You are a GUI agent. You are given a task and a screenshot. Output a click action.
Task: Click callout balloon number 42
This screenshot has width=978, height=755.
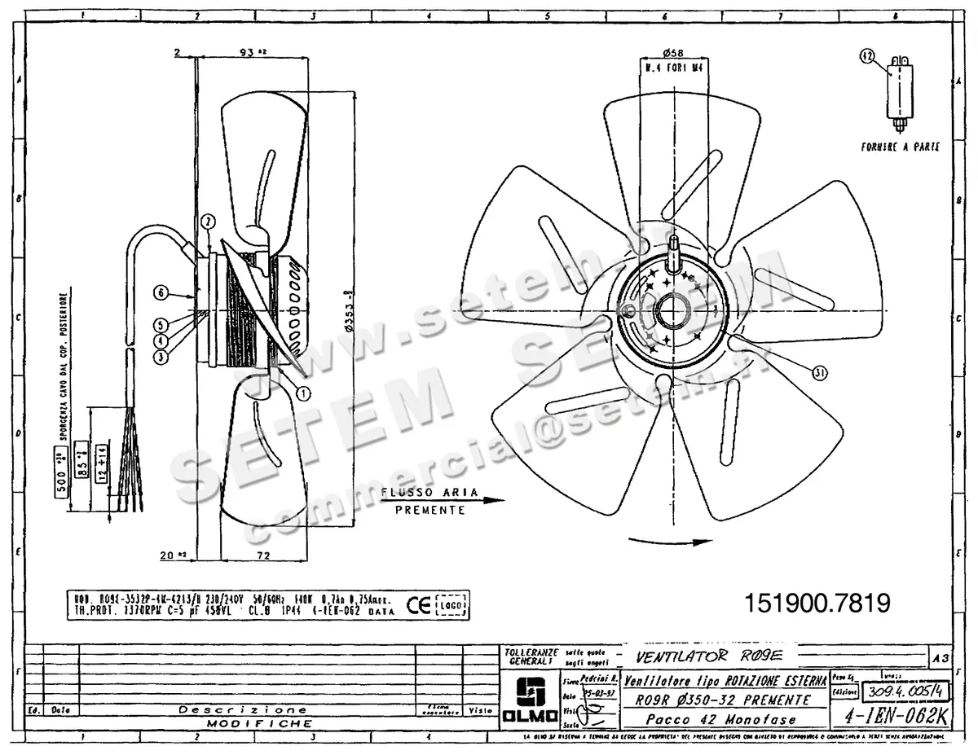tap(867, 56)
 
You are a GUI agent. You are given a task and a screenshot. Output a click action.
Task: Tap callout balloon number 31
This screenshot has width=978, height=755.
tap(820, 372)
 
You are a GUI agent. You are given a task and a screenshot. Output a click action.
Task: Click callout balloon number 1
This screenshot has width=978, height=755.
tap(303, 393)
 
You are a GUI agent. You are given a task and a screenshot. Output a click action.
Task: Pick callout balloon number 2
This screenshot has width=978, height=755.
tap(208, 221)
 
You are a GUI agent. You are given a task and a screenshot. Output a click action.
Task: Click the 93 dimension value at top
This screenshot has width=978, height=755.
tap(249, 52)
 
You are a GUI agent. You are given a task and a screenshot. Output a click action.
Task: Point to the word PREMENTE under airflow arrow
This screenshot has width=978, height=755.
tap(430, 511)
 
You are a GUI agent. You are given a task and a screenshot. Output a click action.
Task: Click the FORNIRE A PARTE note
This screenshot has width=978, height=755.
tap(900, 147)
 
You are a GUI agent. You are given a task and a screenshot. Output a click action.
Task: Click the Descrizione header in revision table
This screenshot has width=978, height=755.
tap(243, 710)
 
